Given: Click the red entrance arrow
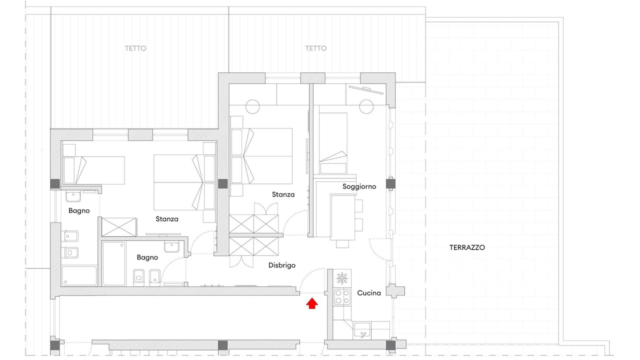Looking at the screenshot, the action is pyautogui.click(x=312, y=303).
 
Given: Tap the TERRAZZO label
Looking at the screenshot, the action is pyautogui.click(x=467, y=247).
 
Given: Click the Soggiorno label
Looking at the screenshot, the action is pyautogui.click(x=359, y=186).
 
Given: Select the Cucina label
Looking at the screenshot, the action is pyautogui.click(x=369, y=293).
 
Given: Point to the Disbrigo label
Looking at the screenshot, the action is pyautogui.click(x=281, y=265).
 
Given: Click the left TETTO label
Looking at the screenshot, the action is pyautogui.click(x=135, y=48).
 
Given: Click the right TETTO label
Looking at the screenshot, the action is pyautogui.click(x=315, y=48).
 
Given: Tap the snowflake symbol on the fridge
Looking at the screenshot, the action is pyautogui.click(x=341, y=278).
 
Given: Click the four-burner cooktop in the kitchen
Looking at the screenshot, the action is pyautogui.click(x=342, y=297).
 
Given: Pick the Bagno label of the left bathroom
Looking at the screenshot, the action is pyautogui.click(x=79, y=211).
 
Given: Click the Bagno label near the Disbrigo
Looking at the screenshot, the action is pyautogui.click(x=147, y=257).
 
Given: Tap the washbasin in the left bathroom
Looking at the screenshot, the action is pyautogui.click(x=73, y=196).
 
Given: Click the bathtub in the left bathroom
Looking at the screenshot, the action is pyautogui.click(x=79, y=275).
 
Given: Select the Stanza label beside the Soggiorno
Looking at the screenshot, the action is pyautogui.click(x=283, y=194).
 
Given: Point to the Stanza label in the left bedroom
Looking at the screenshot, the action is pyautogui.click(x=167, y=219).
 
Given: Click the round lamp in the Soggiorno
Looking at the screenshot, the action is pyautogui.click(x=366, y=106).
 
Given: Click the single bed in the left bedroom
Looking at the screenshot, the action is pyautogui.click(x=93, y=170).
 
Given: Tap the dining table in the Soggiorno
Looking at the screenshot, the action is pyautogui.click(x=343, y=217).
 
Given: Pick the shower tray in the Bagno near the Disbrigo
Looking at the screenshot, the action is pyautogui.click(x=114, y=263).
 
